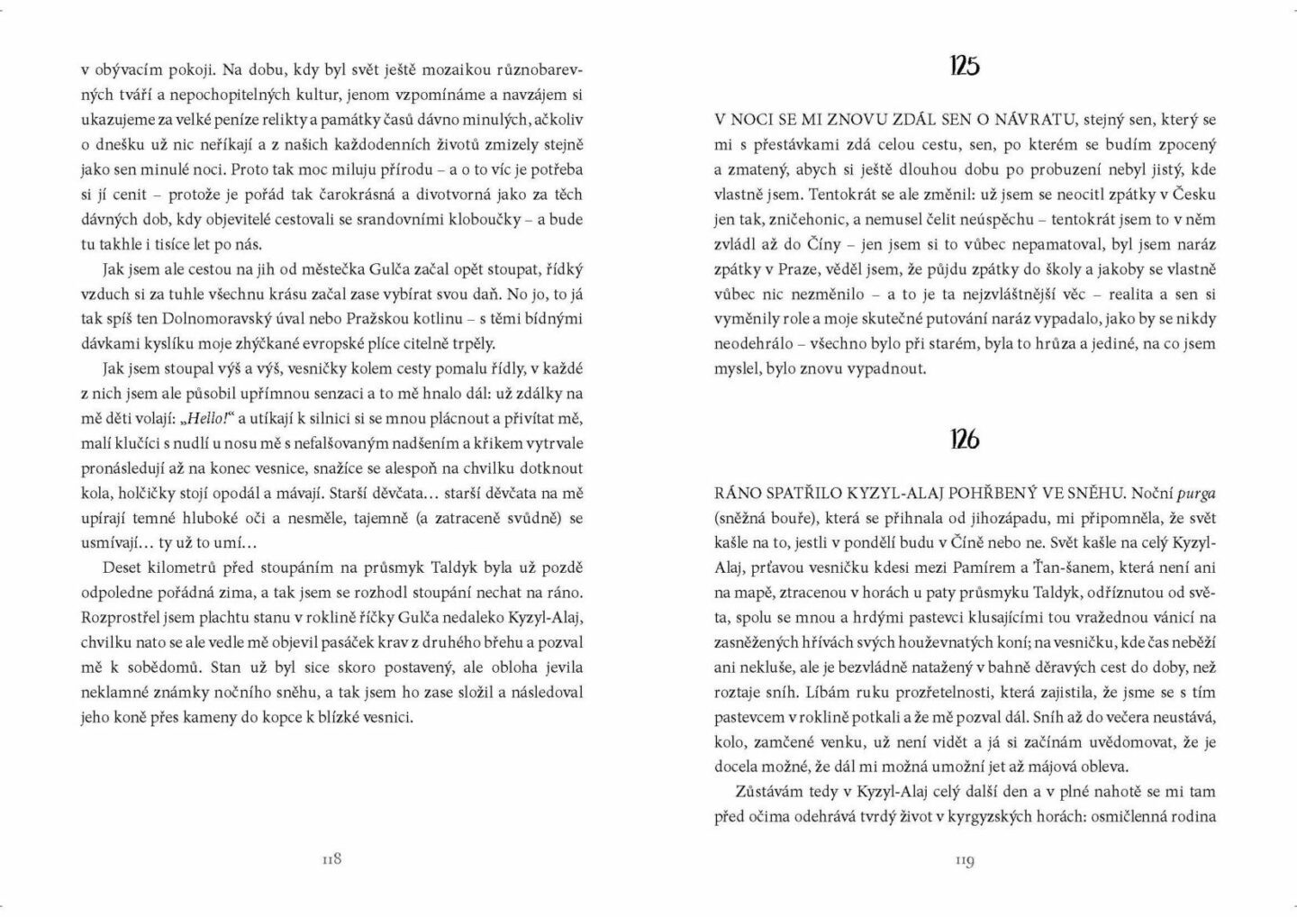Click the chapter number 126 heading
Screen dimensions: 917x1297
(x=964, y=440)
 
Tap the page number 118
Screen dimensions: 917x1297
(x=331, y=859)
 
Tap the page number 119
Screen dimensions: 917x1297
(x=965, y=860)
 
